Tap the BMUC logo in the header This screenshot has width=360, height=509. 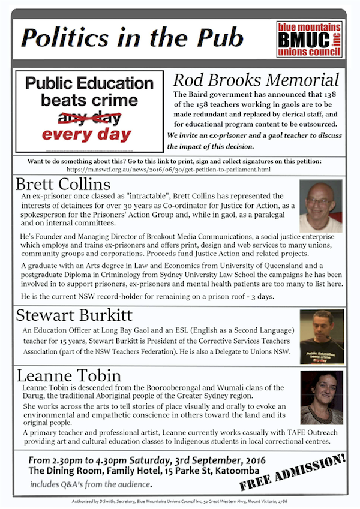tap(310, 40)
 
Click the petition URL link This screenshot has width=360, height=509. tap(179, 170)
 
